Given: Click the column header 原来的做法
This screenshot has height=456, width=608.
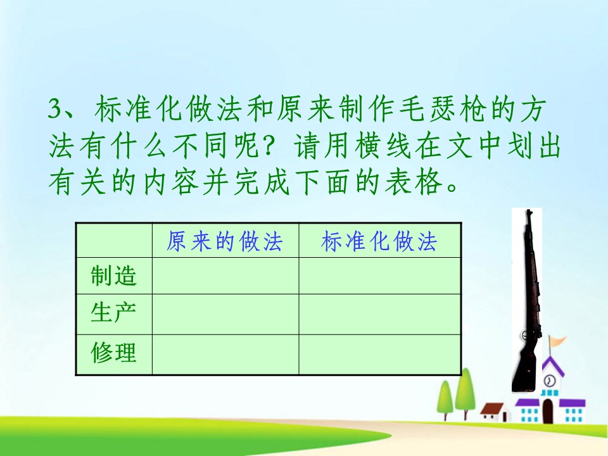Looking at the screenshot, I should [224, 241].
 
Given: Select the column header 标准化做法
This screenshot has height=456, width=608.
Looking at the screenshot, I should [379, 241].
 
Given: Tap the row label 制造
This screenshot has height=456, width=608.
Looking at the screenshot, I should [113, 276].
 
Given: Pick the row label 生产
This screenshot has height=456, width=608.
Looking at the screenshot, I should [113, 313].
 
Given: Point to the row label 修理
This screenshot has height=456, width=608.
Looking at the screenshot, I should [113, 353].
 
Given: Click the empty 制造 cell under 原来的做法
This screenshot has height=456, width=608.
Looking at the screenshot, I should [225, 276].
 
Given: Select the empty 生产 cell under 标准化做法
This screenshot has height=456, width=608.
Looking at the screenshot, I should [379, 313].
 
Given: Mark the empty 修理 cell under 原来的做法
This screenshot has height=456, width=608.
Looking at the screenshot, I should [225, 354].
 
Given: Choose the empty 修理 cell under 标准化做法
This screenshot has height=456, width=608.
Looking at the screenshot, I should [379, 354].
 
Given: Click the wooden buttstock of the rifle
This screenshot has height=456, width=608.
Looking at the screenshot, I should [523, 367].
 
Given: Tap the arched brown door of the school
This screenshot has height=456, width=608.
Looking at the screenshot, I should [548, 412].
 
